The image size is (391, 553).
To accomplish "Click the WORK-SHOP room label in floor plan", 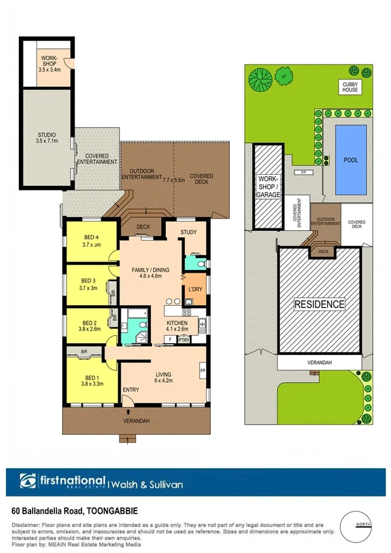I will [50, 61].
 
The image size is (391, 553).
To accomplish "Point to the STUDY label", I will [190, 232].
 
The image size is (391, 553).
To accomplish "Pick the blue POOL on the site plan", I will [351, 159].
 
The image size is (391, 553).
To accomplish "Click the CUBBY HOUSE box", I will [350, 87].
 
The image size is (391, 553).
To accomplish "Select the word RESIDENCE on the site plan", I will [319, 304].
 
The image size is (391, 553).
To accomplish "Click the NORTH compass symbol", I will [364, 525].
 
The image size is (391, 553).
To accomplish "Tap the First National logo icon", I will [29, 483].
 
